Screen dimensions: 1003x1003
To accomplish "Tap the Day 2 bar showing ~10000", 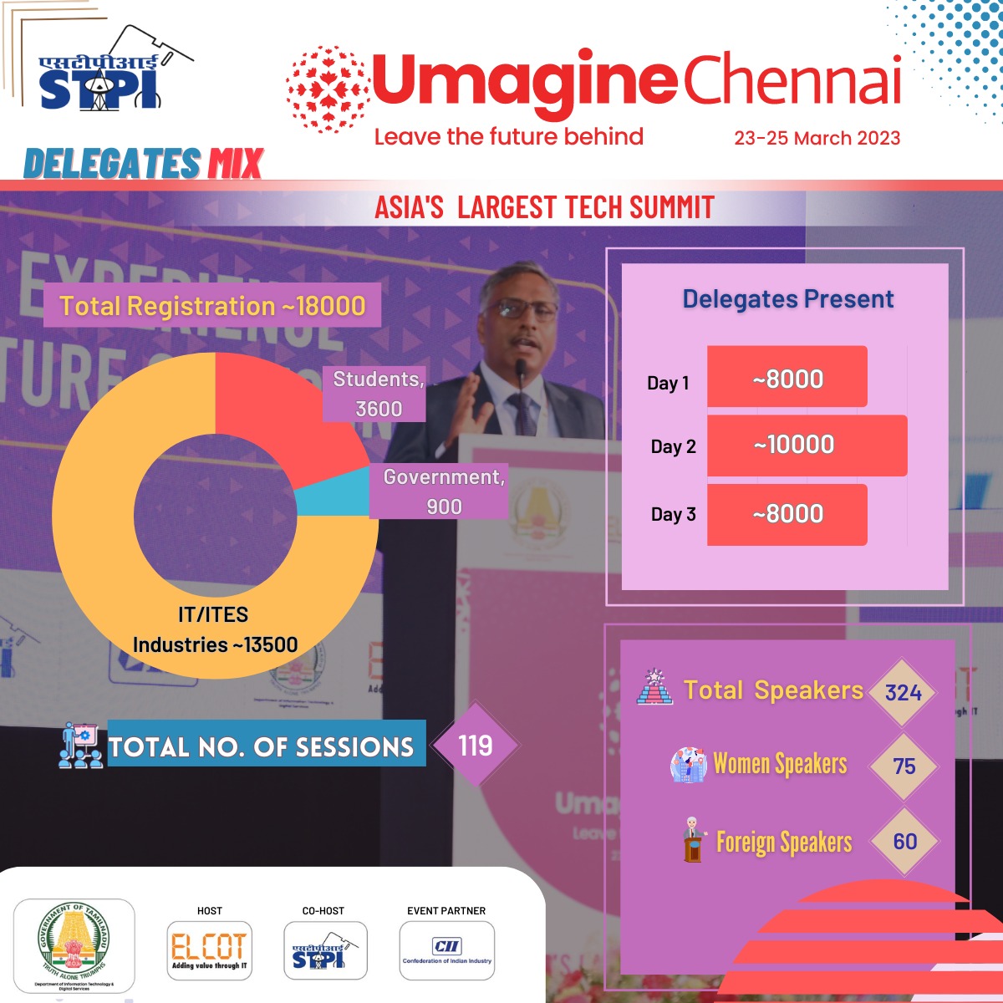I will point(807,445).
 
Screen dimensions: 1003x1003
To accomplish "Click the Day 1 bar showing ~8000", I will point(787,377).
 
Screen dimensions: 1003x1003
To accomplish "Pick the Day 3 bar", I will point(787,515).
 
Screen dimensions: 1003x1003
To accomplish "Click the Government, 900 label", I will point(442,491).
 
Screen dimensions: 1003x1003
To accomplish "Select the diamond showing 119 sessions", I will point(475,745).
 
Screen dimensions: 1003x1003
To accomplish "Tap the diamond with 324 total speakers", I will point(904,692).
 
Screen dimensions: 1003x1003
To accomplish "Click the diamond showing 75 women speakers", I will point(904,766).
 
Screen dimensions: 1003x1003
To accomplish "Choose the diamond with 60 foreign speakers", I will point(904,841).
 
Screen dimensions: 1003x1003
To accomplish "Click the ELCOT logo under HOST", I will point(209,950).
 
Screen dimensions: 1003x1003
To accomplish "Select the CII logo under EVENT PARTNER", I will point(447,950).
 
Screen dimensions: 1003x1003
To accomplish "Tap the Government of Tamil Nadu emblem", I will point(74,944).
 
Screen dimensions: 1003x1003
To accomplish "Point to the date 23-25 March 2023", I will point(817,138).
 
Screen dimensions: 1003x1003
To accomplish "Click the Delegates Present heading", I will point(788,299).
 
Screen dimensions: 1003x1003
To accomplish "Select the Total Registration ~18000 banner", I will point(212,306).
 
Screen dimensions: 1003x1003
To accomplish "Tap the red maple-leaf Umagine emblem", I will point(327,89).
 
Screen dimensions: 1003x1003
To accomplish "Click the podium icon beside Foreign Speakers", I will point(693,840).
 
